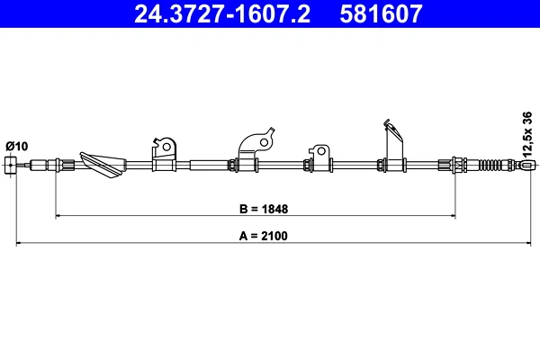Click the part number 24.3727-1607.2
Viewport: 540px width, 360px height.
coord(222,13)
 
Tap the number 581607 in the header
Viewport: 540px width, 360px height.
coord(381,13)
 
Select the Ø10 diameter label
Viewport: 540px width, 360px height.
coord(16,147)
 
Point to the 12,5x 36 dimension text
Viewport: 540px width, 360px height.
coord(527,134)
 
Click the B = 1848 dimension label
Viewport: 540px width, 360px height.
coord(264,209)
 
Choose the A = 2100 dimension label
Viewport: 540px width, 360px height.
coord(264,236)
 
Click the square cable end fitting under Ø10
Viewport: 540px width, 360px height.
coord(10,165)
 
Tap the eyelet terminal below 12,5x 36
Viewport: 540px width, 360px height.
coord(526,165)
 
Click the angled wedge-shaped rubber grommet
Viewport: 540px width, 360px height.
coord(103,165)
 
